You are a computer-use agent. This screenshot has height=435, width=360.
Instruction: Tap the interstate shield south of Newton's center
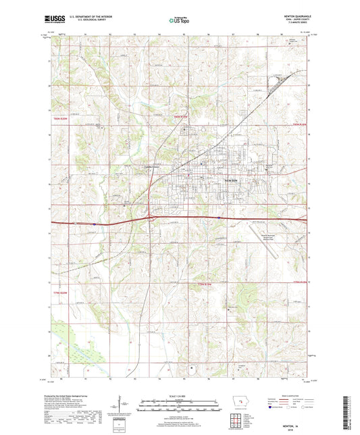coord(220,217)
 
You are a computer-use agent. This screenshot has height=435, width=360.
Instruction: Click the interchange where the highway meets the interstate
coord(150,217)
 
